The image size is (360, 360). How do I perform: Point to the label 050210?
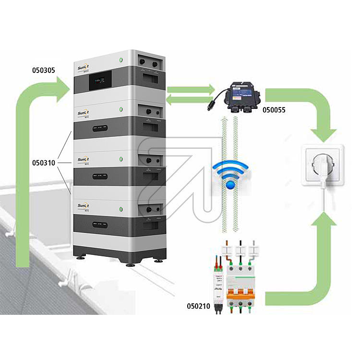click(197, 305)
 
